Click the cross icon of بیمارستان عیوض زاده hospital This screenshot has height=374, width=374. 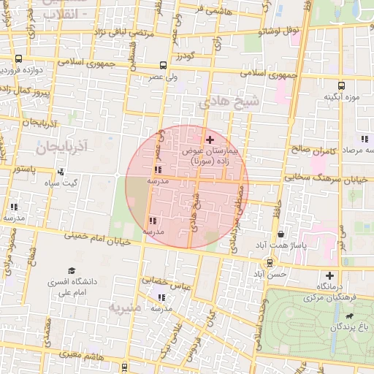coord(210,140)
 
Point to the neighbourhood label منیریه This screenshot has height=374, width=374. coord(124,307)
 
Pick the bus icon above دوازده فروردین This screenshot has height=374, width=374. coord(18,59)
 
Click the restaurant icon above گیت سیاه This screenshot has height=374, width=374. coord(61,172)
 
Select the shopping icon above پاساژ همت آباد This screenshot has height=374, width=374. coord(281,234)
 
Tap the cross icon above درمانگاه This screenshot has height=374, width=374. coord(329,275)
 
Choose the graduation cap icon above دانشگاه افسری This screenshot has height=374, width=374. coord(72,270)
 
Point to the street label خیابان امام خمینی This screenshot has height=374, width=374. coord(97,237)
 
